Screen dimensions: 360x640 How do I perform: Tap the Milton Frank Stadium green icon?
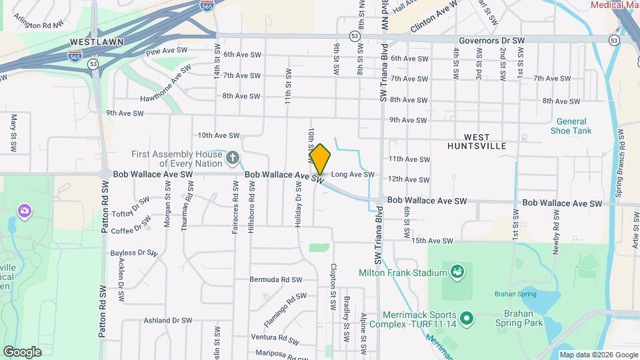457,272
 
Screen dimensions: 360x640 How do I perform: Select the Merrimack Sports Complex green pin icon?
466,318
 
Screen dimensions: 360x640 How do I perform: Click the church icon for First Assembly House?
232,158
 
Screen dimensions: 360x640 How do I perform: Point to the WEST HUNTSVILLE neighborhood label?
477,141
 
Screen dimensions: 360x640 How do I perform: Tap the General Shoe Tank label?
571,126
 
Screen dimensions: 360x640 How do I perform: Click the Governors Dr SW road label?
491,41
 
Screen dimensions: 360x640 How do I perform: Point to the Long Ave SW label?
353,175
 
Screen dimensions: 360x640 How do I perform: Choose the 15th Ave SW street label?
432,241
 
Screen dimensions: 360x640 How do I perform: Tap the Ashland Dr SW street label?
167,321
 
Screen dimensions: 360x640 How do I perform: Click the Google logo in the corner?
22,351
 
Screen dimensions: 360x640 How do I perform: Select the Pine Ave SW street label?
167,51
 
